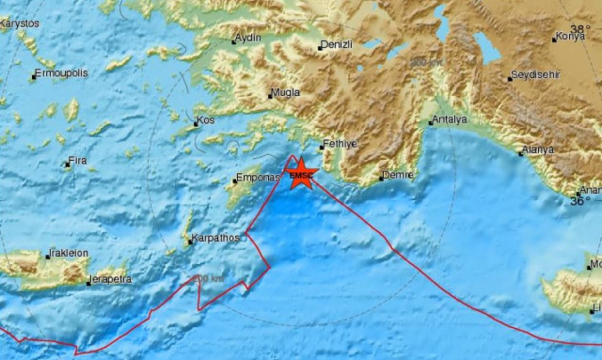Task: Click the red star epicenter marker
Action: [x=301, y=174]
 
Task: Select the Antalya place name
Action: [x=447, y=120]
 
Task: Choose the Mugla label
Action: [x=284, y=93]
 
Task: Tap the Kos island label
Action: [x=207, y=122]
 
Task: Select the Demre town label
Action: [x=396, y=176]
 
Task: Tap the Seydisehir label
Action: [x=536, y=75]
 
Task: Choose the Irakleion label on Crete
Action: [x=68, y=253]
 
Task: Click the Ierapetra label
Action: [x=110, y=280]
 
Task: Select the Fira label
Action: [x=79, y=162]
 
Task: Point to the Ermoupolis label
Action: [x=61, y=74]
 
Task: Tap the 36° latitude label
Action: [x=582, y=201]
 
